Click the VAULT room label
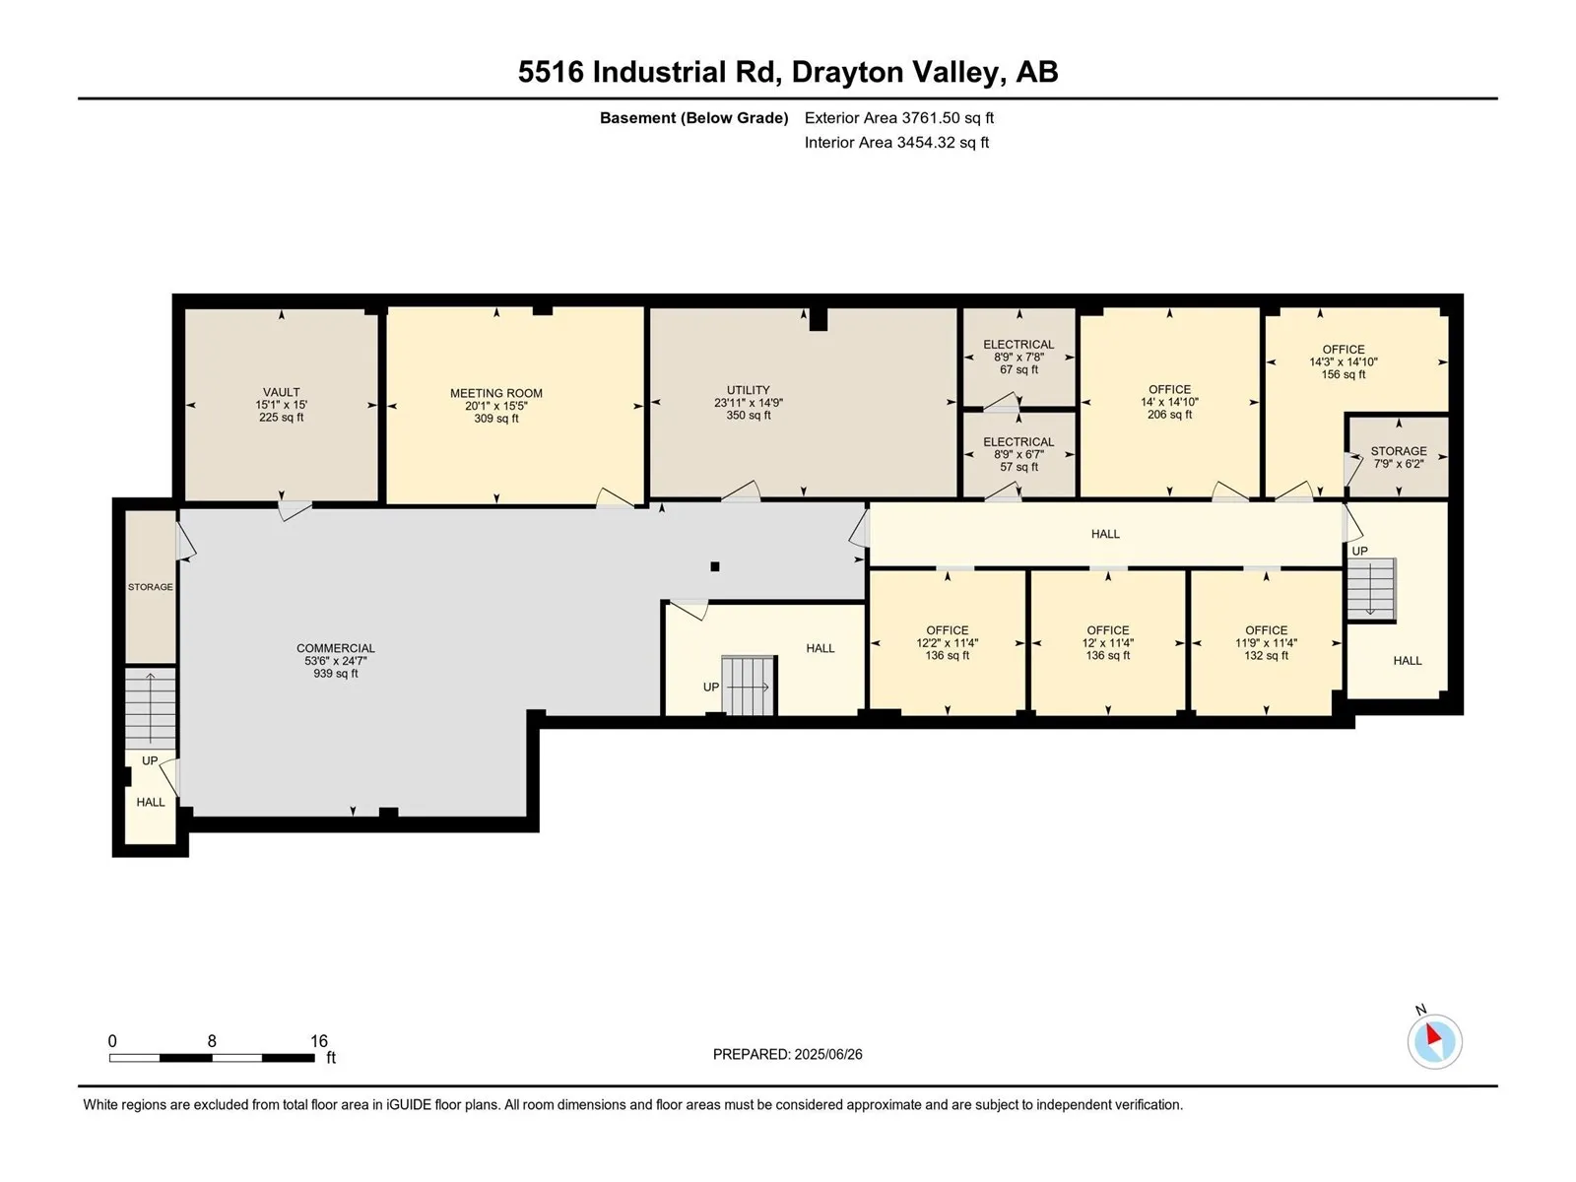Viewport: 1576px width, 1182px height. pyautogui.click(x=281, y=393)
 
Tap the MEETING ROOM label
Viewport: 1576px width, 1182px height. pyautogui.click(x=496, y=393)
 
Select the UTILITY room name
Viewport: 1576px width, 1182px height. pyautogui.click(x=749, y=390)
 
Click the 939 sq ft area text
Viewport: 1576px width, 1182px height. pyautogui.click(x=335, y=673)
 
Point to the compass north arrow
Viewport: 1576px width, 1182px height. pyautogui.click(x=1433, y=1035)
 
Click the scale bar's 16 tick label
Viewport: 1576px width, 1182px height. pyautogui.click(x=319, y=1040)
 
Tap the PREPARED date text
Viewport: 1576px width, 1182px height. pyautogui.click(x=788, y=1054)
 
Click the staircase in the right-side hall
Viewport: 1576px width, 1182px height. pyautogui.click(x=1371, y=589)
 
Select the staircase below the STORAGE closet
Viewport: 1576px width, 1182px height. pyautogui.click(x=150, y=708)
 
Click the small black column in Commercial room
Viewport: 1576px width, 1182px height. pyautogui.click(x=714, y=566)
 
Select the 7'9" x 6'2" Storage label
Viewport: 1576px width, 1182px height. pyautogui.click(x=1399, y=464)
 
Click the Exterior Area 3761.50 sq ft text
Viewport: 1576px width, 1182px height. pyautogui.click(x=899, y=117)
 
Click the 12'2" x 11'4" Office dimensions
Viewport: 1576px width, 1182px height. pyautogui.click(x=947, y=643)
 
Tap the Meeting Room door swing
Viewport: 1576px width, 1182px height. pyautogui.click(x=615, y=497)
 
